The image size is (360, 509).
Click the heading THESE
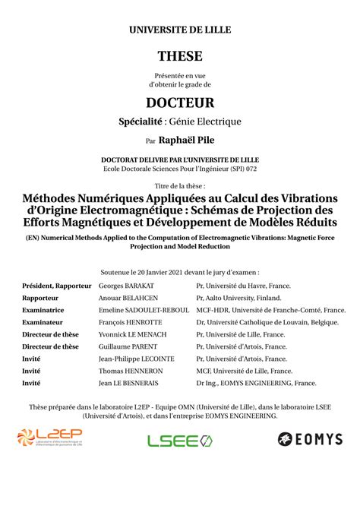180,57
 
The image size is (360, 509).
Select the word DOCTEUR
180,102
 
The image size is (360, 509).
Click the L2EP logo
49,438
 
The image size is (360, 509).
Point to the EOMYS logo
310,439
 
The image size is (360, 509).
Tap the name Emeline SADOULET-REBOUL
142,311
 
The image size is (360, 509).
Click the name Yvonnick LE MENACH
132,334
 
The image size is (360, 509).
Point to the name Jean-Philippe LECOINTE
137,359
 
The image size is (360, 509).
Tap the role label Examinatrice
43,311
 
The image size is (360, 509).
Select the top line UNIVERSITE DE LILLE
180,30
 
